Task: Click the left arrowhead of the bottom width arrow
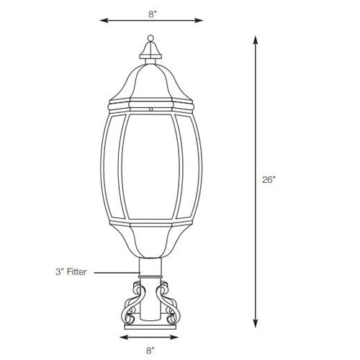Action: point(122,336)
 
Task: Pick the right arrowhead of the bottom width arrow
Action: point(179,336)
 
